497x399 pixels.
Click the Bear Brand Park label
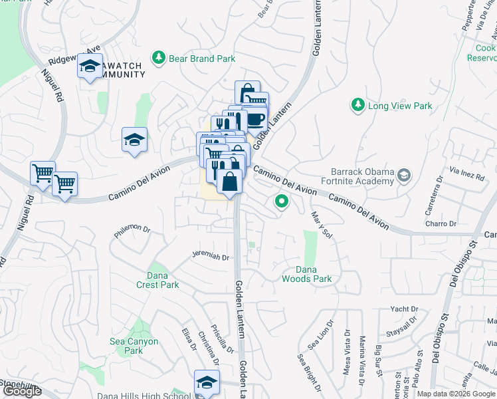201,59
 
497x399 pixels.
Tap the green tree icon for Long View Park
358,105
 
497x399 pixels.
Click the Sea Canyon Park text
134,346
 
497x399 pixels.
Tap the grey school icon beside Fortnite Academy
403,175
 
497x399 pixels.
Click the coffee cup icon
256,118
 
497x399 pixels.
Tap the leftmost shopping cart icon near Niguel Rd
43,173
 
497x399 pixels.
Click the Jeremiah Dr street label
210,255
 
